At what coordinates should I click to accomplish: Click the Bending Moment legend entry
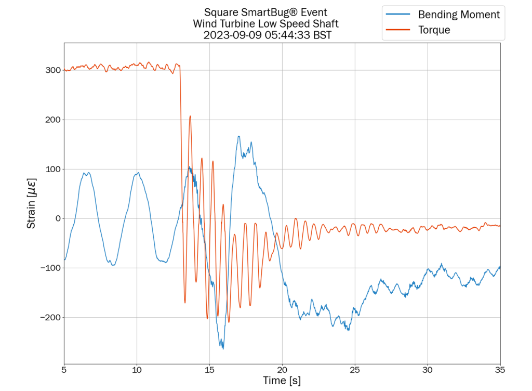point(459,15)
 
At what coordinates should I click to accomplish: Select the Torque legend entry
point(434,30)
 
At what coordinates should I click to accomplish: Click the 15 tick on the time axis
point(209,369)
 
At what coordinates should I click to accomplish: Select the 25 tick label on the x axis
point(355,369)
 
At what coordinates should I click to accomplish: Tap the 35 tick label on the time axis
point(500,369)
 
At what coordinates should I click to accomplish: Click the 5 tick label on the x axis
point(64,369)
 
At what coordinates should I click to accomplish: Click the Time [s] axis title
point(282,381)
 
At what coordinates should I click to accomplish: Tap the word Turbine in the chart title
point(246,23)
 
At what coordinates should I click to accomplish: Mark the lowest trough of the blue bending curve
point(223,348)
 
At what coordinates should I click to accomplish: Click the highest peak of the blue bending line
point(239,137)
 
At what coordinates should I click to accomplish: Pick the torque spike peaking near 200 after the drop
point(190,116)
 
